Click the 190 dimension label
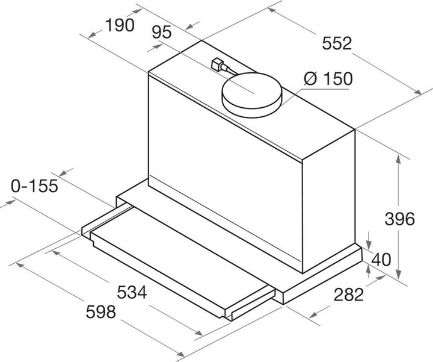pos(120,25)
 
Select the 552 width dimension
pos(336,43)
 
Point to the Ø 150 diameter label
pos(328,79)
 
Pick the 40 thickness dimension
pos(382,260)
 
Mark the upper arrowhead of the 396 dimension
pos(398,158)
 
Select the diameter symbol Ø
pos(311,79)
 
